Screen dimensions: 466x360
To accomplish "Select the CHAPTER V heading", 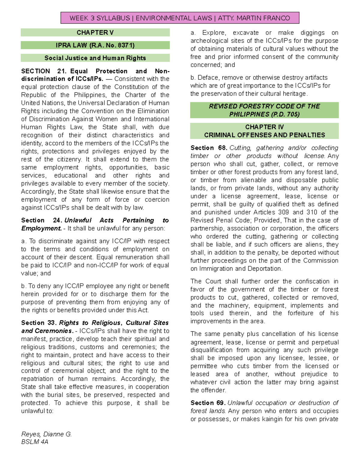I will coord(95,32).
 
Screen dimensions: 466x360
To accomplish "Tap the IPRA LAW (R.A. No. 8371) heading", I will coord(95,45).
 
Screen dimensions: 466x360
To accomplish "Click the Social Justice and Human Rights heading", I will coord(95,58).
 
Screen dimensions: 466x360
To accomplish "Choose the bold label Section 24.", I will coord(41,220).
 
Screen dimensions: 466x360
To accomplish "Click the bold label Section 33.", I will coord(38,323).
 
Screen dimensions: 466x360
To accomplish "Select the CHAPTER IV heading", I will coord(264,127).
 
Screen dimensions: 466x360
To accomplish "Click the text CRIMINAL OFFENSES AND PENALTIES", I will coord(264,135).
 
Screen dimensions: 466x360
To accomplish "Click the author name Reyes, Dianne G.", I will coord(46,434).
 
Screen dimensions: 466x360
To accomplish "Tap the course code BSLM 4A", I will coord(34,442).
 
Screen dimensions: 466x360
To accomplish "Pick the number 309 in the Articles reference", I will coord(282,212).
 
